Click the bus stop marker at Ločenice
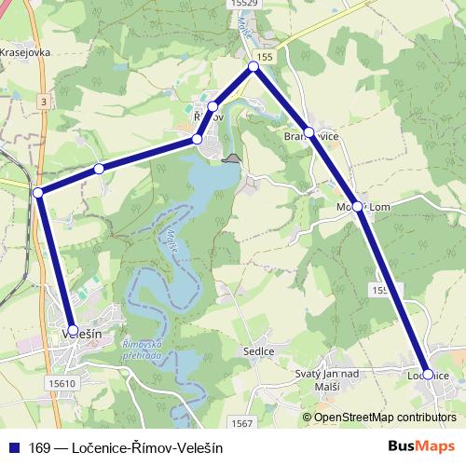(428, 375)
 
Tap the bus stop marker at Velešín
(74, 330)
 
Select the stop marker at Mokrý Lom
(358, 207)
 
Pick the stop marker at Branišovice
(308, 132)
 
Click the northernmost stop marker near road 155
(254, 67)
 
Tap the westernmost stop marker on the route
(38, 192)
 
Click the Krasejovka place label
(25, 53)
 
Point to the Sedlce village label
(258, 351)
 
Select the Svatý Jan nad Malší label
(327, 379)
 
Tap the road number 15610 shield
(61, 383)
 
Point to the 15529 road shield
(240, 4)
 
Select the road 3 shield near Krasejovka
(43, 100)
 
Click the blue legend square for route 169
(12, 447)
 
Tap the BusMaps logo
(421, 446)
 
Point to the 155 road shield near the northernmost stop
(267, 58)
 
